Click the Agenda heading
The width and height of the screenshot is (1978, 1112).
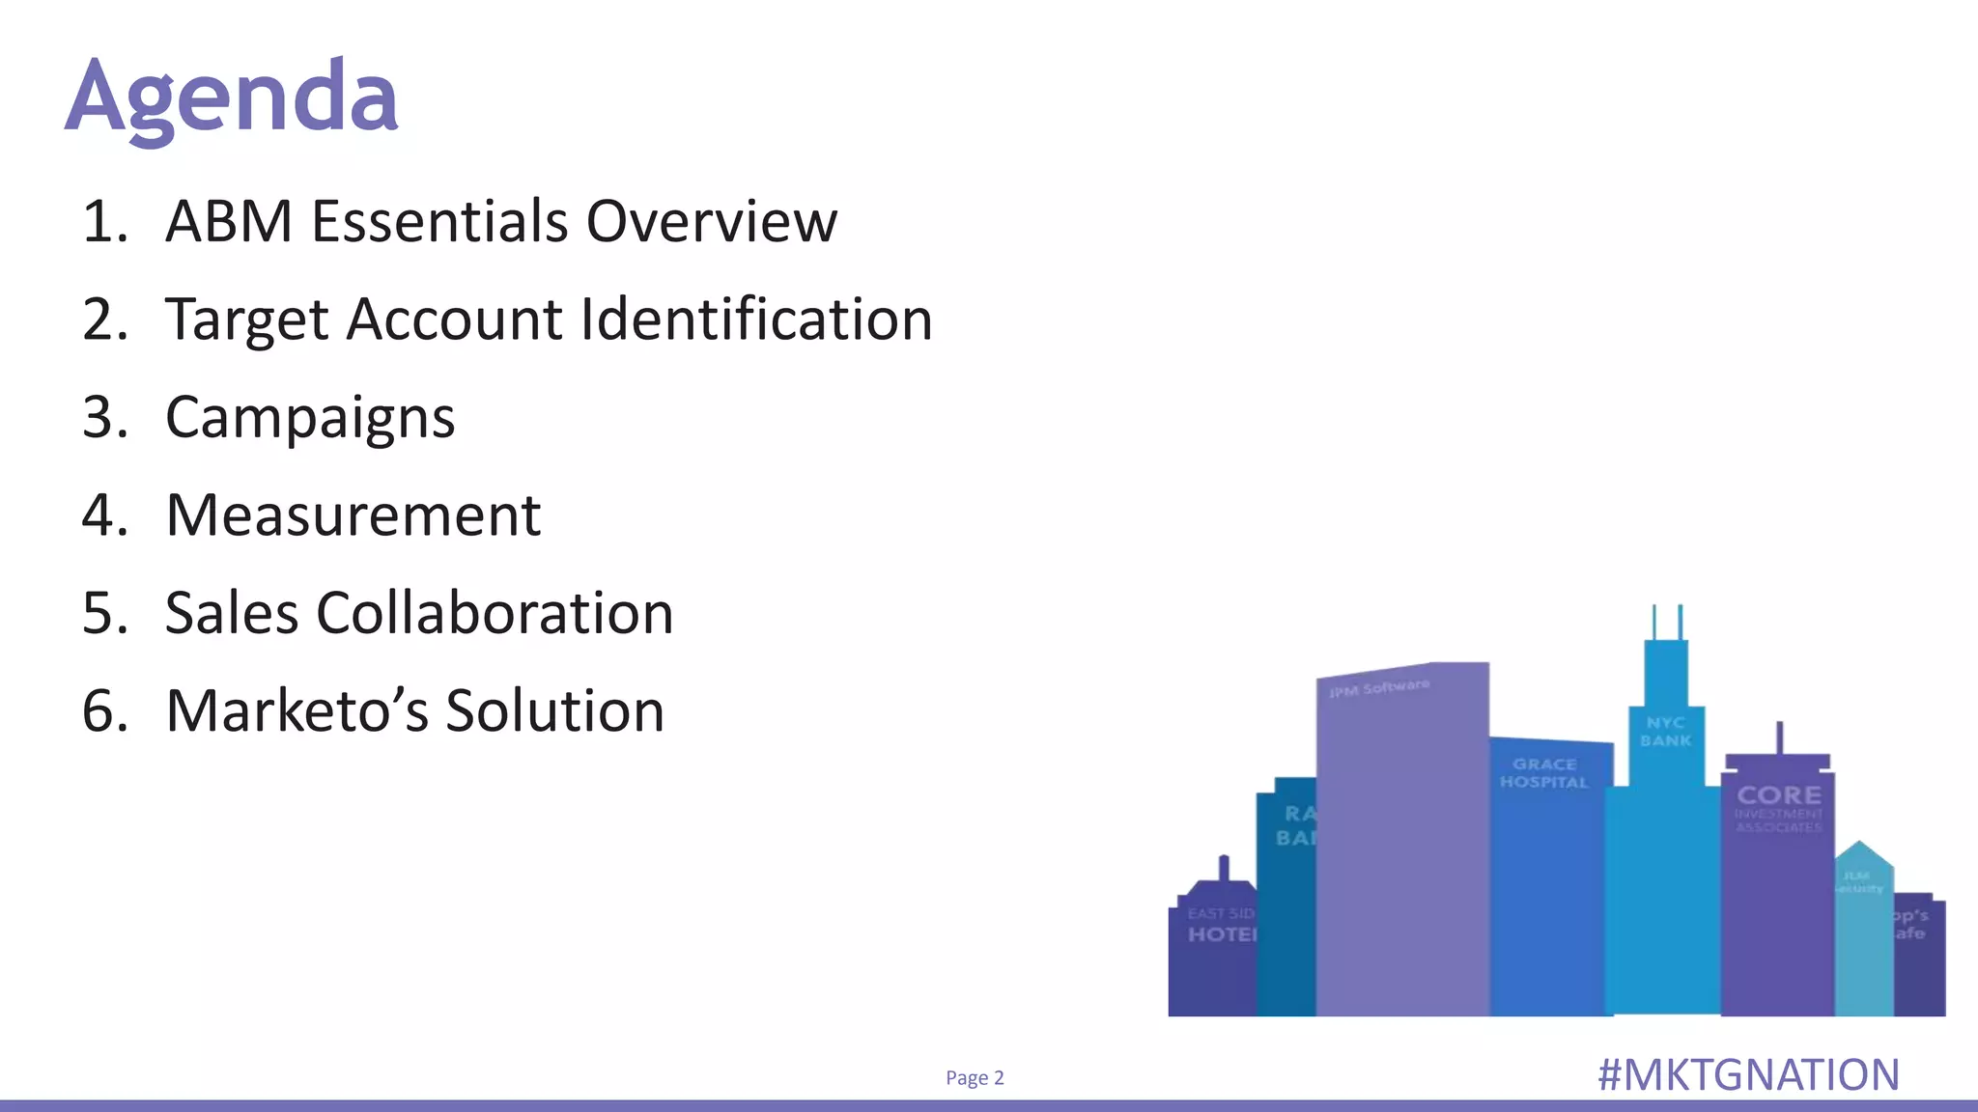click(232, 97)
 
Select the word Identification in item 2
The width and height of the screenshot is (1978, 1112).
click(756, 320)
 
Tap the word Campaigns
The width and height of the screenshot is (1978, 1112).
click(310, 418)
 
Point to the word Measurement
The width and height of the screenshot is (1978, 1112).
click(353, 515)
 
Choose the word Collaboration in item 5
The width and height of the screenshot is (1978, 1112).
click(494, 613)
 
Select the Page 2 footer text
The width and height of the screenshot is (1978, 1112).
click(975, 1077)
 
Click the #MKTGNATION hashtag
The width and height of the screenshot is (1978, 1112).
click(1748, 1075)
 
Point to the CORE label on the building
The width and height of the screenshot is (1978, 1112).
click(1779, 795)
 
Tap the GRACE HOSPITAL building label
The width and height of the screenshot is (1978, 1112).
click(1543, 773)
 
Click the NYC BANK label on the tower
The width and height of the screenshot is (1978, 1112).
click(1666, 732)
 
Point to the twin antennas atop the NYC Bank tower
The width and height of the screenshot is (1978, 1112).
click(1667, 622)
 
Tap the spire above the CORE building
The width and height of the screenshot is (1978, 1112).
click(1779, 737)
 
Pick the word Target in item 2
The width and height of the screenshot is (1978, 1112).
click(247, 320)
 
